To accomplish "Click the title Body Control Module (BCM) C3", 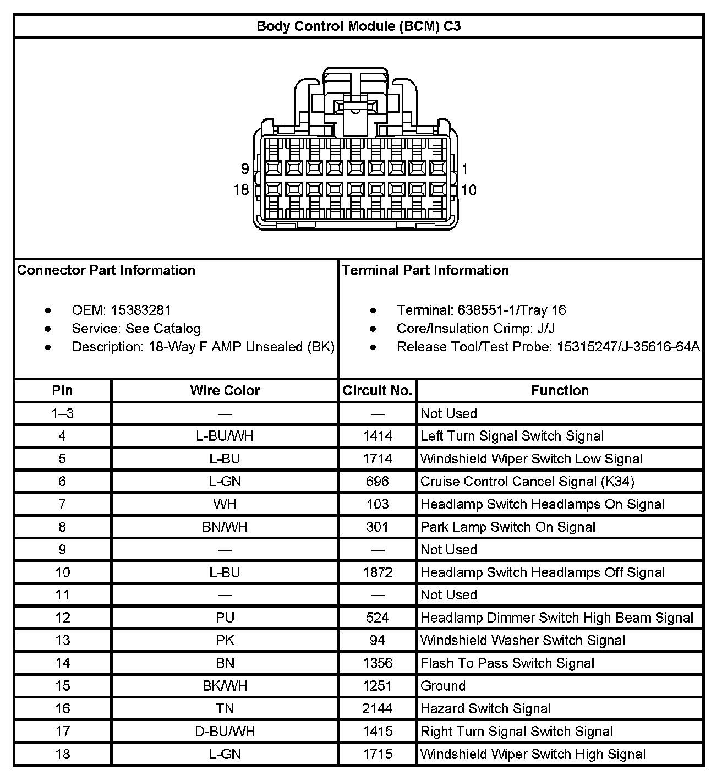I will tap(358, 26).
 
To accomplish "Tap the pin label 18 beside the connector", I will tap(241, 190).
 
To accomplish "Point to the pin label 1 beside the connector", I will tap(465, 169).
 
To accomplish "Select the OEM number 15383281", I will tap(141, 310).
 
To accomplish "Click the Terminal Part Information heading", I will tap(425, 270).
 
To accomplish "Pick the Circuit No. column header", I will tap(378, 390).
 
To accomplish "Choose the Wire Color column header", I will tap(225, 390).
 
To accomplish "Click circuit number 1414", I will tap(378, 436).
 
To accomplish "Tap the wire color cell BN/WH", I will tap(225, 527).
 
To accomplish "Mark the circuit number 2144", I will tap(378, 708).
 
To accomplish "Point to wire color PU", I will tap(225, 618).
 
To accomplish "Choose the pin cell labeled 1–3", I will tap(62, 413).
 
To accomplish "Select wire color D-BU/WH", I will tap(225, 731).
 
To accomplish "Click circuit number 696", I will tap(378, 482).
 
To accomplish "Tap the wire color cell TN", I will tap(225, 708).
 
